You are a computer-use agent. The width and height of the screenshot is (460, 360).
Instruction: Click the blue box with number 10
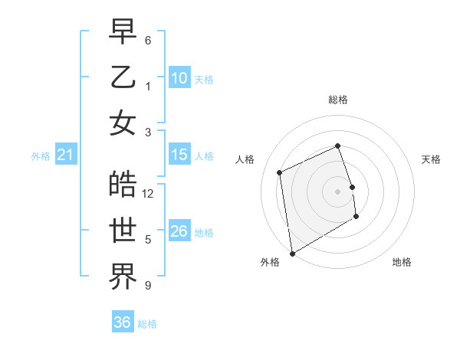(x=179, y=78)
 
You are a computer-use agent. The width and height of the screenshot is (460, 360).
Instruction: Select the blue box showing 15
(x=179, y=155)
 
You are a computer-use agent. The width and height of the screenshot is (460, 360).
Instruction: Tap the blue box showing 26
(x=179, y=231)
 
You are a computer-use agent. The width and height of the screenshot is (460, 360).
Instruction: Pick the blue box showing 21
(x=66, y=155)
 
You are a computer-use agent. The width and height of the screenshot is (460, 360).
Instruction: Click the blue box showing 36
(x=123, y=322)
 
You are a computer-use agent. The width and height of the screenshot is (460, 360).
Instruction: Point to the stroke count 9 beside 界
(x=148, y=286)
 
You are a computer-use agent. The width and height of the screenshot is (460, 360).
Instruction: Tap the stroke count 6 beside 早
(x=148, y=40)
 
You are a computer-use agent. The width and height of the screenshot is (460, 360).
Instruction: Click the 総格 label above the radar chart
(x=338, y=100)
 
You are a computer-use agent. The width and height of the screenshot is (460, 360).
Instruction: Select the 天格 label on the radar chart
(x=432, y=159)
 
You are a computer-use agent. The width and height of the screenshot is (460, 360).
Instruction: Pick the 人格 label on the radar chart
(x=245, y=159)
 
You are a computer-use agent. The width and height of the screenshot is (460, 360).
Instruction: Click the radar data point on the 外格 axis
(x=292, y=253)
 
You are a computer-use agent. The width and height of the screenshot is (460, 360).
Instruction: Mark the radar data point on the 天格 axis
(x=353, y=186)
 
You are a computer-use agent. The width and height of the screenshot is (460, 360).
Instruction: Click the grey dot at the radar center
(x=338, y=191)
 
